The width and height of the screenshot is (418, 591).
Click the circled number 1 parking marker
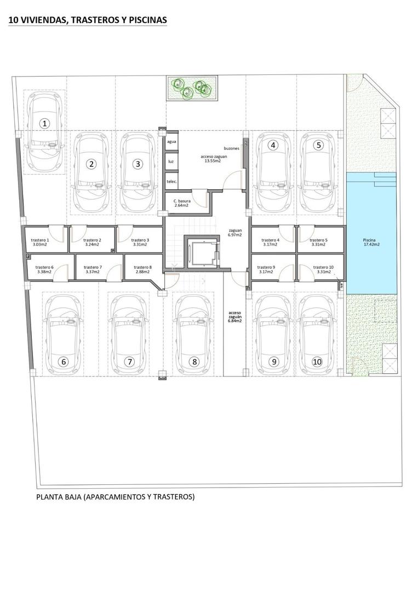(45, 123)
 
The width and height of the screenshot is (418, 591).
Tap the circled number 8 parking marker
(194, 361)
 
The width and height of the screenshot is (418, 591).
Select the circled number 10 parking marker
(317, 361)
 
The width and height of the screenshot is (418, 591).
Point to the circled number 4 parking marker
(272, 146)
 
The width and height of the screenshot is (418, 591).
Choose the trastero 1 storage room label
(40, 242)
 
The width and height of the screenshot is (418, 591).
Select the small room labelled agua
(171, 141)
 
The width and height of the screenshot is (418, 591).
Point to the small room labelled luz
(171, 161)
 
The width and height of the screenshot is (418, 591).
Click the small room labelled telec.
(171, 181)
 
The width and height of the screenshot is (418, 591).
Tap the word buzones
(231, 148)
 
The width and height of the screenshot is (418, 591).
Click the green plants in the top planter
(192, 88)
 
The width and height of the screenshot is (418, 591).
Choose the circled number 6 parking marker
(64, 361)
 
